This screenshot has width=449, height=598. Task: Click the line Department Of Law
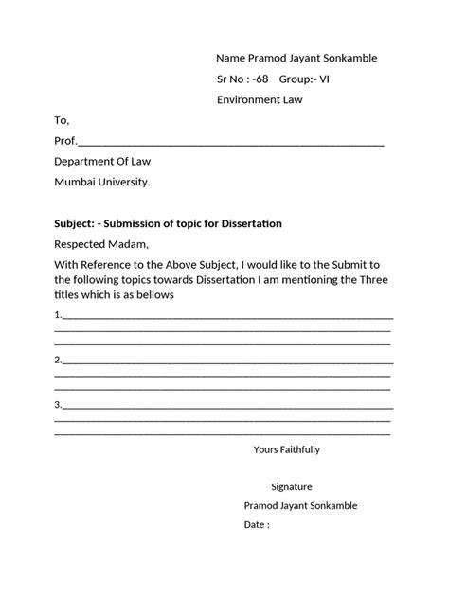coord(109,162)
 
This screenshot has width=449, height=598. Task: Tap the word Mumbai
coord(75,182)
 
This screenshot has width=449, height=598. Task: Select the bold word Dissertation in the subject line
coord(251,223)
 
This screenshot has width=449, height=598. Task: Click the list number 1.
coord(59,314)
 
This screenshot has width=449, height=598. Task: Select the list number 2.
coord(59,360)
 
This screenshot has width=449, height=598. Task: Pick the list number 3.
coord(59,405)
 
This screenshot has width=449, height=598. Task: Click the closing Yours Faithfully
coord(287,448)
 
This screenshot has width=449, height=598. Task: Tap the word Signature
coord(292,486)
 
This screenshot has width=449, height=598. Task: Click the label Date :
coord(257,524)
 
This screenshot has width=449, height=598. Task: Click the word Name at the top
coord(232,58)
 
